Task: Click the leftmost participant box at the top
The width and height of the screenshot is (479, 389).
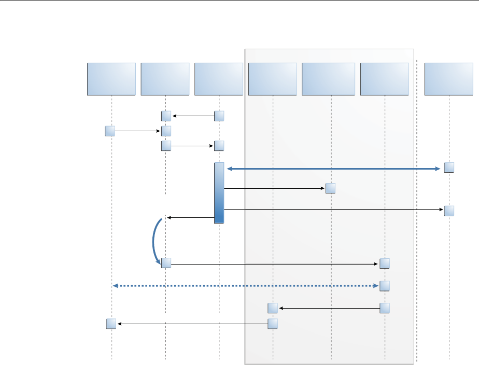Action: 111,79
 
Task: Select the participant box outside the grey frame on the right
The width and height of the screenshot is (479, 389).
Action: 449,79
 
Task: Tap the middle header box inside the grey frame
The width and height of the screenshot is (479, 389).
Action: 331,79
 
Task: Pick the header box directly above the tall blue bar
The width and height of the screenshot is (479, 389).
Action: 219,79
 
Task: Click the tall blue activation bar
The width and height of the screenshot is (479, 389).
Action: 219,193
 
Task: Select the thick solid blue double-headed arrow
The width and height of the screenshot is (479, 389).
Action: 332,169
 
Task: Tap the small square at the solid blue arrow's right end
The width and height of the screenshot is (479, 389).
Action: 449,168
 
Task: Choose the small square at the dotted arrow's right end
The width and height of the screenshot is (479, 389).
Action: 385,286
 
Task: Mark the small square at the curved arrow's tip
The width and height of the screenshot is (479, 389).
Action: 166,263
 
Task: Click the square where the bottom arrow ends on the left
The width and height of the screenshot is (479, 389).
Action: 111,324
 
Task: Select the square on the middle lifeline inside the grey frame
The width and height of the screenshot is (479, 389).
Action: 331,188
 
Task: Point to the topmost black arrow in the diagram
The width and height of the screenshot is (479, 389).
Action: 193,116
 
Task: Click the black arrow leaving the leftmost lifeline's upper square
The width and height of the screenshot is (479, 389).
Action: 137,131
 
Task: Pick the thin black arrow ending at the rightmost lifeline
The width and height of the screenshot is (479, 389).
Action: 332,210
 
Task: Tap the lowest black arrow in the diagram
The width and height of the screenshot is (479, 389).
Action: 192,324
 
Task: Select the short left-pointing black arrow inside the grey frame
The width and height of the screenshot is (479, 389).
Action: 329,309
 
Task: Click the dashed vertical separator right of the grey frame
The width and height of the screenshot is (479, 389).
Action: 417,207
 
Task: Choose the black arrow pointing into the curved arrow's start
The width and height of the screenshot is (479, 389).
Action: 190,218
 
